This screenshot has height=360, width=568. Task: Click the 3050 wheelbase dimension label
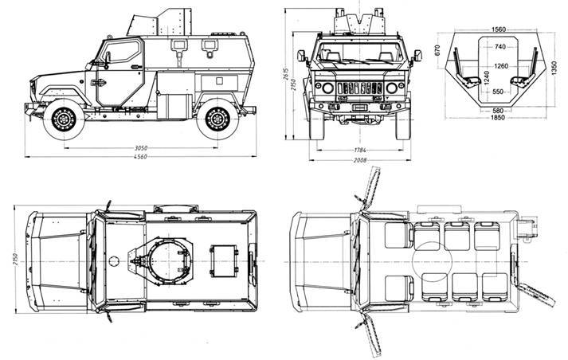pyautogui.click(x=141, y=148)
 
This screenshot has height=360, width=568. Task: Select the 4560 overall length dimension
pyautogui.click(x=140, y=157)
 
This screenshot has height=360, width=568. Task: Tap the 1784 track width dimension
pyautogui.click(x=360, y=150)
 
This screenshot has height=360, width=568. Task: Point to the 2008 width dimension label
pyautogui.click(x=360, y=160)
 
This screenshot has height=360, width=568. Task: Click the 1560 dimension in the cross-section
pyautogui.click(x=499, y=29)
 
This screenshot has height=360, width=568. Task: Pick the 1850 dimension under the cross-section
pyautogui.click(x=498, y=117)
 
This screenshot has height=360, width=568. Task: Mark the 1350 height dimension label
pyautogui.click(x=554, y=68)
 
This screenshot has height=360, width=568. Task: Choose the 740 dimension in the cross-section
pyautogui.click(x=499, y=46)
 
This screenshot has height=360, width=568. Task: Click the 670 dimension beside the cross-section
pyautogui.click(x=437, y=50)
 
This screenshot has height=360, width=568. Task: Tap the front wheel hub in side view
pyautogui.click(x=64, y=119)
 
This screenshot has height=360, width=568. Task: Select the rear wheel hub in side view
pyautogui.click(x=217, y=119)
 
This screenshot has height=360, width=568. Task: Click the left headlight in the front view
pyautogui.click(x=328, y=88)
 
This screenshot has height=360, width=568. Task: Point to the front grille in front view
pyautogui.click(x=360, y=88)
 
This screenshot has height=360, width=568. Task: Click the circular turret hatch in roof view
pyautogui.click(x=169, y=260)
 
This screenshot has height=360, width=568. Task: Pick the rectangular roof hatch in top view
pyautogui.click(x=224, y=260)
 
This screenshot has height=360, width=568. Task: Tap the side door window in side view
pyautogui.click(x=122, y=52)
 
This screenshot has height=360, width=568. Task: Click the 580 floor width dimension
pyautogui.click(x=498, y=111)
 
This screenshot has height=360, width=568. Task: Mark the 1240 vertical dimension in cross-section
pyautogui.click(x=487, y=78)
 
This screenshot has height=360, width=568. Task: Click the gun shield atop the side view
pyautogui.click(x=159, y=22)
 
